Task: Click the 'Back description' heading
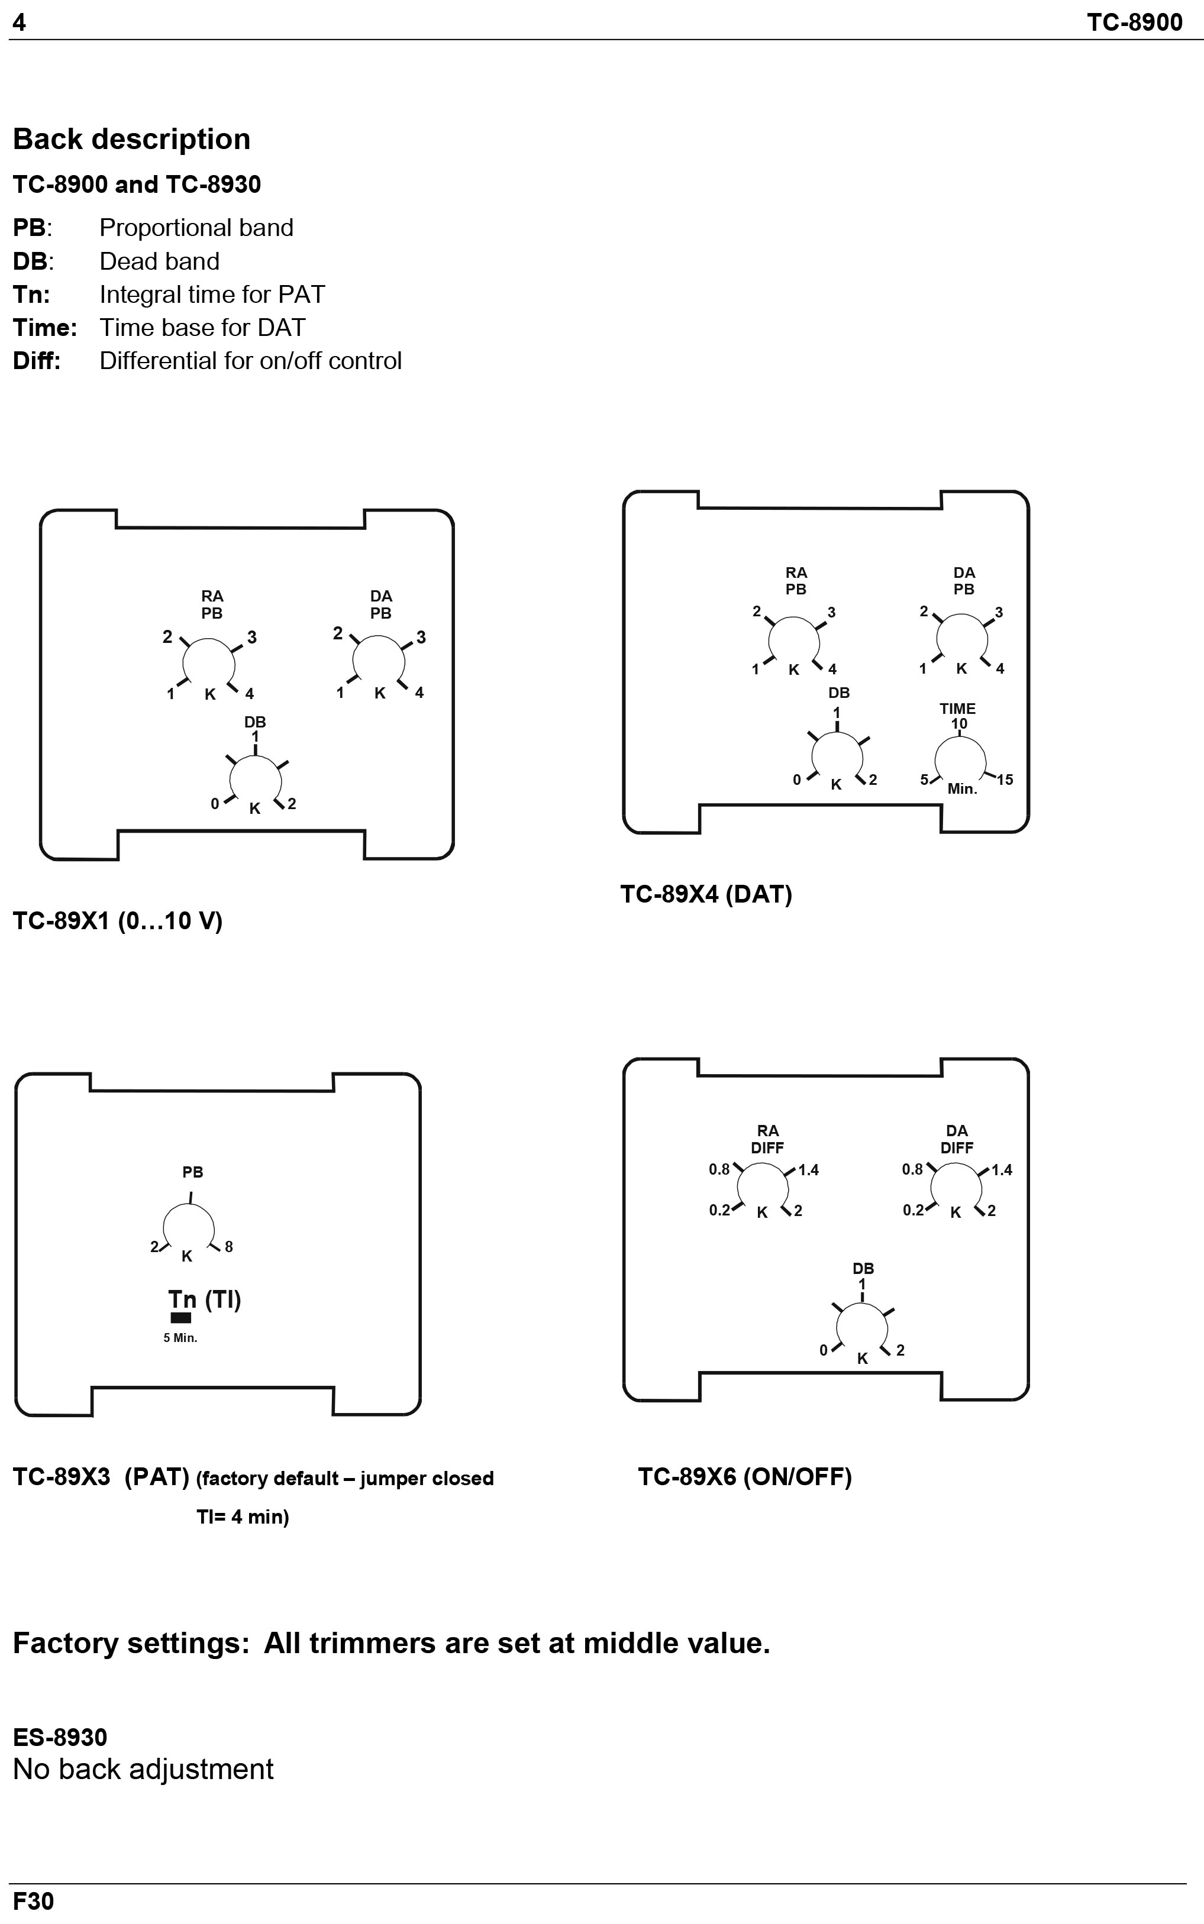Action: [x=131, y=140]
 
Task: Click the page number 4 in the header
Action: [x=19, y=22]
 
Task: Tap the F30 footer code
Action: [x=34, y=1901]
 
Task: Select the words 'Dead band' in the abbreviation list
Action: [x=159, y=261]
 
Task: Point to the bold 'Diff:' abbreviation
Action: [x=37, y=361]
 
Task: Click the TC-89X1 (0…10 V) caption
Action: [x=118, y=921]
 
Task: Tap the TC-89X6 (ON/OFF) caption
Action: [x=744, y=1477]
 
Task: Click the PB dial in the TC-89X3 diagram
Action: [x=189, y=1227]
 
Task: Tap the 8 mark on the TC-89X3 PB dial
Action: [x=228, y=1247]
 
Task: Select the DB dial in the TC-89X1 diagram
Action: [x=255, y=780]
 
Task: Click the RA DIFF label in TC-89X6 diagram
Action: [x=767, y=1139]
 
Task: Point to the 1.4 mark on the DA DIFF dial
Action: [x=1002, y=1170]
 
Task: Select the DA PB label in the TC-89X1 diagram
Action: [x=380, y=605]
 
